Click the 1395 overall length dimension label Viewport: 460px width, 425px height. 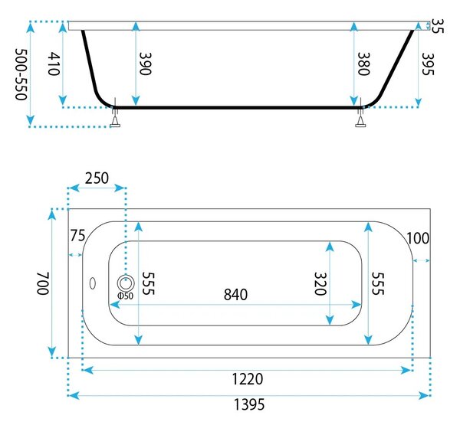[248, 404]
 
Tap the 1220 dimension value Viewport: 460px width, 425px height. [248, 379]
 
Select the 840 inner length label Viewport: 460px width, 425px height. [235, 295]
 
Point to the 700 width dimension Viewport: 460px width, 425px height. [43, 283]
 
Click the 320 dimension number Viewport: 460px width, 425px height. [320, 284]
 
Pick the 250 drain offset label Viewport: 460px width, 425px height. [97, 178]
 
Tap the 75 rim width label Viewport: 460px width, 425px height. [77, 235]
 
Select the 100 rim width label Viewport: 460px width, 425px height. [418, 238]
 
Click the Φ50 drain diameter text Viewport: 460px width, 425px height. [126, 296]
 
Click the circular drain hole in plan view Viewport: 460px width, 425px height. [127, 283]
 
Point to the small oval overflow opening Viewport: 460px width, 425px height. [93, 283]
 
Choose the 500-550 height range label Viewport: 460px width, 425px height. [21, 74]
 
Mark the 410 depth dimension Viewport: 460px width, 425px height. [54, 64]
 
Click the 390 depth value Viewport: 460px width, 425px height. [145, 64]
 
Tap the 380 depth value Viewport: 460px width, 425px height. [363, 64]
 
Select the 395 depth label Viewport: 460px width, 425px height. [428, 64]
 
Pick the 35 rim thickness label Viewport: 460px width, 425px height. [439, 26]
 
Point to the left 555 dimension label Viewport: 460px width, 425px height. [148, 284]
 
